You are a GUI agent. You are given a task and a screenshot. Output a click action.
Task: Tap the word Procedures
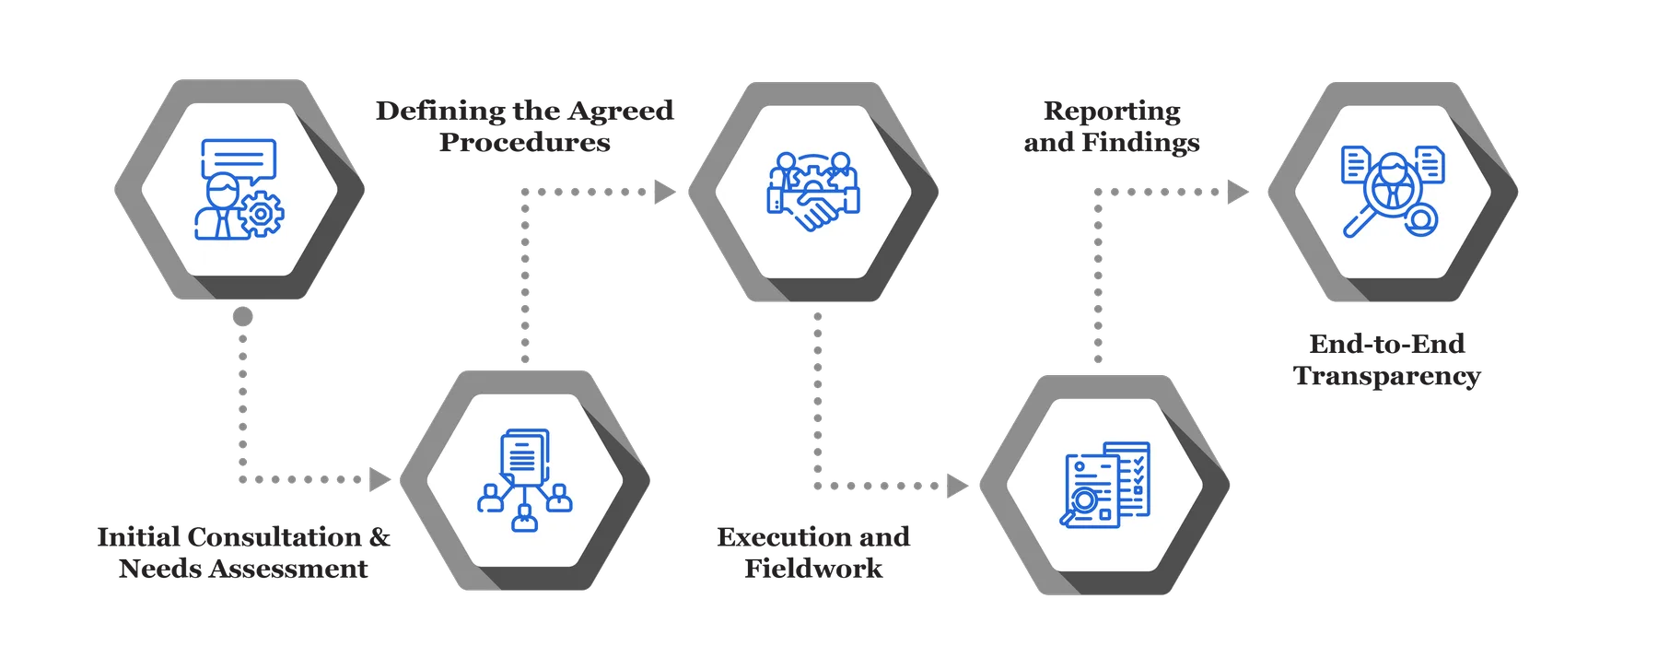pos(524,143)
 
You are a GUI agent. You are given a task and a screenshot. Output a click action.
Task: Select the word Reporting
pos(1112,112)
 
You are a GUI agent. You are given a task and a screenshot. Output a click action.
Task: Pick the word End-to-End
pos(1386,345)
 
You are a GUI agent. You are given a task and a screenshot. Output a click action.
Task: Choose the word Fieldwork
pos(813,569)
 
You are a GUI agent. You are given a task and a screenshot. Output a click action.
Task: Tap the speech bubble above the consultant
pos(239,158)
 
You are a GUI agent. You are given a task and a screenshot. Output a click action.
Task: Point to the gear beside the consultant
pos(261,214)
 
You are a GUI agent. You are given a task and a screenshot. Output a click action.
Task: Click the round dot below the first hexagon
pos(242,317)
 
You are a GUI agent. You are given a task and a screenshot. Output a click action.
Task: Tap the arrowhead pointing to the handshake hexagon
pos(664,192)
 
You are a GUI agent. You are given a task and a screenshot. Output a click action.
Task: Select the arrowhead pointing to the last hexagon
pos(1238,192)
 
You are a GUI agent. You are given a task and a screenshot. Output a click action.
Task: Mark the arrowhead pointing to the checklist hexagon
pos(958,485)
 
